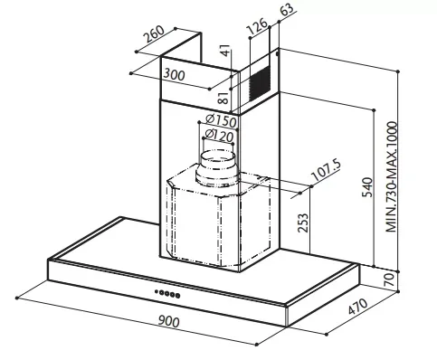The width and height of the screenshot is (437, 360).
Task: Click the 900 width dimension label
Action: (169, 321)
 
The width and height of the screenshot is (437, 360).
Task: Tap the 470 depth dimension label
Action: (358, 307)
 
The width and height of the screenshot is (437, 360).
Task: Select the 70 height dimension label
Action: (390, 279)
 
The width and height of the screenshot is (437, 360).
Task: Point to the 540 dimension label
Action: (367, 187)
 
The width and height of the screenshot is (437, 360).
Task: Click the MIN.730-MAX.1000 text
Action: (392, 177)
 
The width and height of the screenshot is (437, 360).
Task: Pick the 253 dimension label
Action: (303, 223)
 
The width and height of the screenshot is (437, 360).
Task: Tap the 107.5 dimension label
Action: (326, 170)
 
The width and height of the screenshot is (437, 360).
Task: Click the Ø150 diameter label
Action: (221, 120)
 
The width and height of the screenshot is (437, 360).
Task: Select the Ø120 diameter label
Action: (219, 136)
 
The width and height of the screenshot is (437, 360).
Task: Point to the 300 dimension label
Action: (174, 74)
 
